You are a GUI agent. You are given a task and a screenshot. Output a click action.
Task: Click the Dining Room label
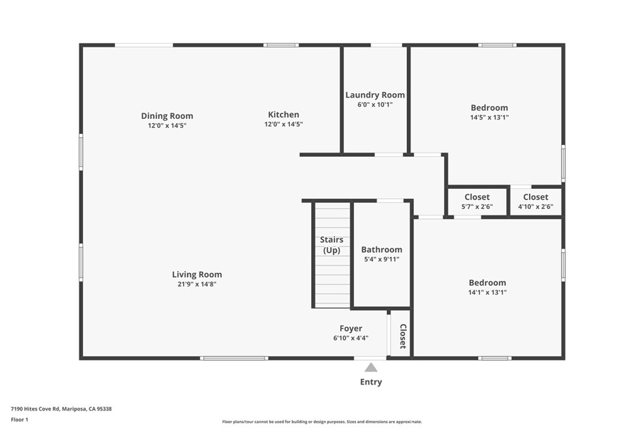[167, 116]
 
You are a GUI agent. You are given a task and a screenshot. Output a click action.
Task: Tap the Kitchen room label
[284, 115]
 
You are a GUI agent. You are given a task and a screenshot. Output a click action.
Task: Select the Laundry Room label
[375, 95]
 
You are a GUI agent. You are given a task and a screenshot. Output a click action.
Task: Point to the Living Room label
[197, 274]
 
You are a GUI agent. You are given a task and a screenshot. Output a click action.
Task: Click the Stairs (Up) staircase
[331, 254]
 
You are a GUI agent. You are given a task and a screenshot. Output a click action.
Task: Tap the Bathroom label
[381, 250]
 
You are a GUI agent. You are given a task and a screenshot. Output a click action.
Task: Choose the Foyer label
[351, 329]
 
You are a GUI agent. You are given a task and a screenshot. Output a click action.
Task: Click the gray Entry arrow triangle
[371, 368]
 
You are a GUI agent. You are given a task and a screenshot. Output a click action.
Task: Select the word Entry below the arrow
[371, 382]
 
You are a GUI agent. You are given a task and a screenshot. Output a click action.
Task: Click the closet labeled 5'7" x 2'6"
[477, 201]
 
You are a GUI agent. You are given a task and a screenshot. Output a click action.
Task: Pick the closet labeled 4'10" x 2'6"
[535, 201]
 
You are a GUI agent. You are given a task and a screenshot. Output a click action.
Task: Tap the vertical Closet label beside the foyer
[402, 336]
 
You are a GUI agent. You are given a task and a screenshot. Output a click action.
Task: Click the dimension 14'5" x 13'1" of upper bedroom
[489, 117]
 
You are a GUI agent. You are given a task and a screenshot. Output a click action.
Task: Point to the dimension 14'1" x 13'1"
[487, 292]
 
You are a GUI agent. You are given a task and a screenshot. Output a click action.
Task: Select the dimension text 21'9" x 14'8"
[197, 284]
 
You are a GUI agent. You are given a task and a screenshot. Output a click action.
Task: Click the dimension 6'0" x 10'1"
[375, 105]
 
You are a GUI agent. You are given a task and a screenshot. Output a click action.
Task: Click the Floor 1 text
[19, 419]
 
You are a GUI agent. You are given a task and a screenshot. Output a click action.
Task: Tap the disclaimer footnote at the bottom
[321, 422]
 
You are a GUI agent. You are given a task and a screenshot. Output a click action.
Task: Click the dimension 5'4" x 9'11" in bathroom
[381, 259]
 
